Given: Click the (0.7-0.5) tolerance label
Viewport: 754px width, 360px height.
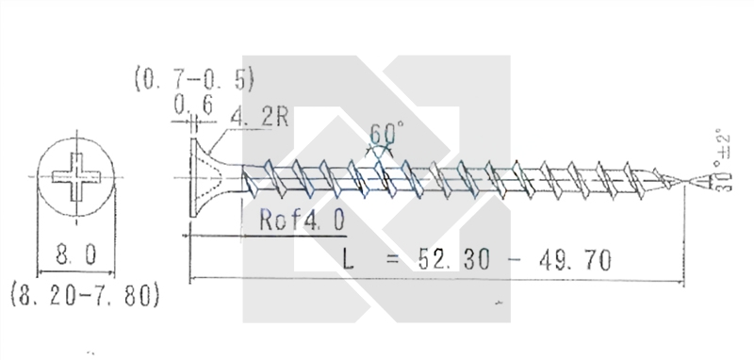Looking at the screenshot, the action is pyautogui.click(x=194, y=80).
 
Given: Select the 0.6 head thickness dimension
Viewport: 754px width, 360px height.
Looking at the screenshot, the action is pyautogui.click(x=193, y=105).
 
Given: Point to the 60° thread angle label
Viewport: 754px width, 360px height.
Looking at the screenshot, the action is pyautogui.click(x=386, y=133).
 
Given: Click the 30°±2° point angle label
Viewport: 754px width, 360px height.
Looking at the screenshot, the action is pyautogui.click(x=723, y=160).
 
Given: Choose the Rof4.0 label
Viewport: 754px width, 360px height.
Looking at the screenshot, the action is pyautogui.click(x=302, y=221).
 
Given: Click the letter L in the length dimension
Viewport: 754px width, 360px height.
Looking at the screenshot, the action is pyautogui.click(x=348, y=258).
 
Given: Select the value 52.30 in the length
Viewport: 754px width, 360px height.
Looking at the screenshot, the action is pyautogui.click(x=454, y=259).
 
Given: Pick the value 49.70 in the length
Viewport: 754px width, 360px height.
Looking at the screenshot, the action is pyautogui.click(x=575, y=259).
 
